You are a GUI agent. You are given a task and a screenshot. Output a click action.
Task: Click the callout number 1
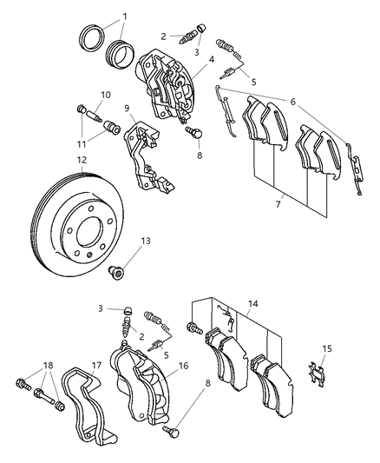coord(124,16)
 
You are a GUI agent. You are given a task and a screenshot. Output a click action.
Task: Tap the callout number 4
coord(211,61)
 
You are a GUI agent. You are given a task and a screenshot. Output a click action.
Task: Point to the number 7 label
coord(278,204)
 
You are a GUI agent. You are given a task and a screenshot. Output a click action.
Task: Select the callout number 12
coord(80,160)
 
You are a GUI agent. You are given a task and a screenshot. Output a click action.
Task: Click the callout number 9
coord(128,109)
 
